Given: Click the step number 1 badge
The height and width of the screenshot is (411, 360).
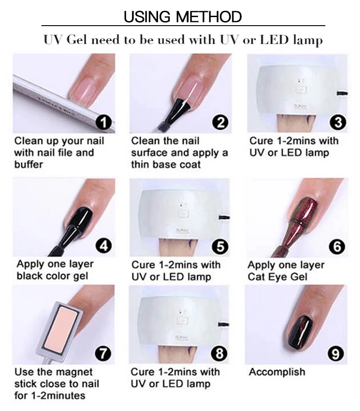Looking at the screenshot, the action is tap(103, 122).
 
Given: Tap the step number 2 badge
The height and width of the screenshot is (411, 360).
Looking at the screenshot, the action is tap(220, 122).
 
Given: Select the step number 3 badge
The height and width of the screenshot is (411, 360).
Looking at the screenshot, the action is tap(338, 122).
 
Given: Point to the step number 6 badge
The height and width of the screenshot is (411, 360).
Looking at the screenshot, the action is tap(337, 246).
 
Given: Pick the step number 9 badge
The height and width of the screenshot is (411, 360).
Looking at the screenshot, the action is tap(336, 354).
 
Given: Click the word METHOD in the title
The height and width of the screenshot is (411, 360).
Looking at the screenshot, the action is tap(209, 17).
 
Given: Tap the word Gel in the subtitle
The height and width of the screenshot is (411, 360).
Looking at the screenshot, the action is tap(76, 40).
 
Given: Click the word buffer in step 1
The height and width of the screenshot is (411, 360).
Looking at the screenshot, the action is tap(29, 164).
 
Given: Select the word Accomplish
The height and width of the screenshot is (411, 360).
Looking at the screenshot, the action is tap(277, 372).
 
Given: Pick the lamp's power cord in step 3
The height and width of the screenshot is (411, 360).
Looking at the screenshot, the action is tap(342, 93).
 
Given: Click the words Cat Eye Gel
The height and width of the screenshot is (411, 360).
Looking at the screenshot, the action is tap(277, 277).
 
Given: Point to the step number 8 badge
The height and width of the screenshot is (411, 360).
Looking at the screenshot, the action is tap(219, 353).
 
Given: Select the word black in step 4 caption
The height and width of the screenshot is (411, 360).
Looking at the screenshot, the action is tap(30, 276).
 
